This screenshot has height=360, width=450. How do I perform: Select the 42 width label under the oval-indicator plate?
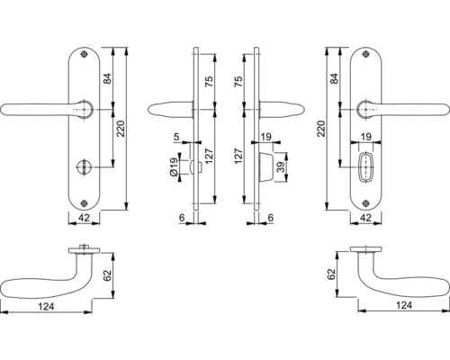pos(367,217)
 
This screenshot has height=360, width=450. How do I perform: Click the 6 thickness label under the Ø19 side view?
pos(183,217)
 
